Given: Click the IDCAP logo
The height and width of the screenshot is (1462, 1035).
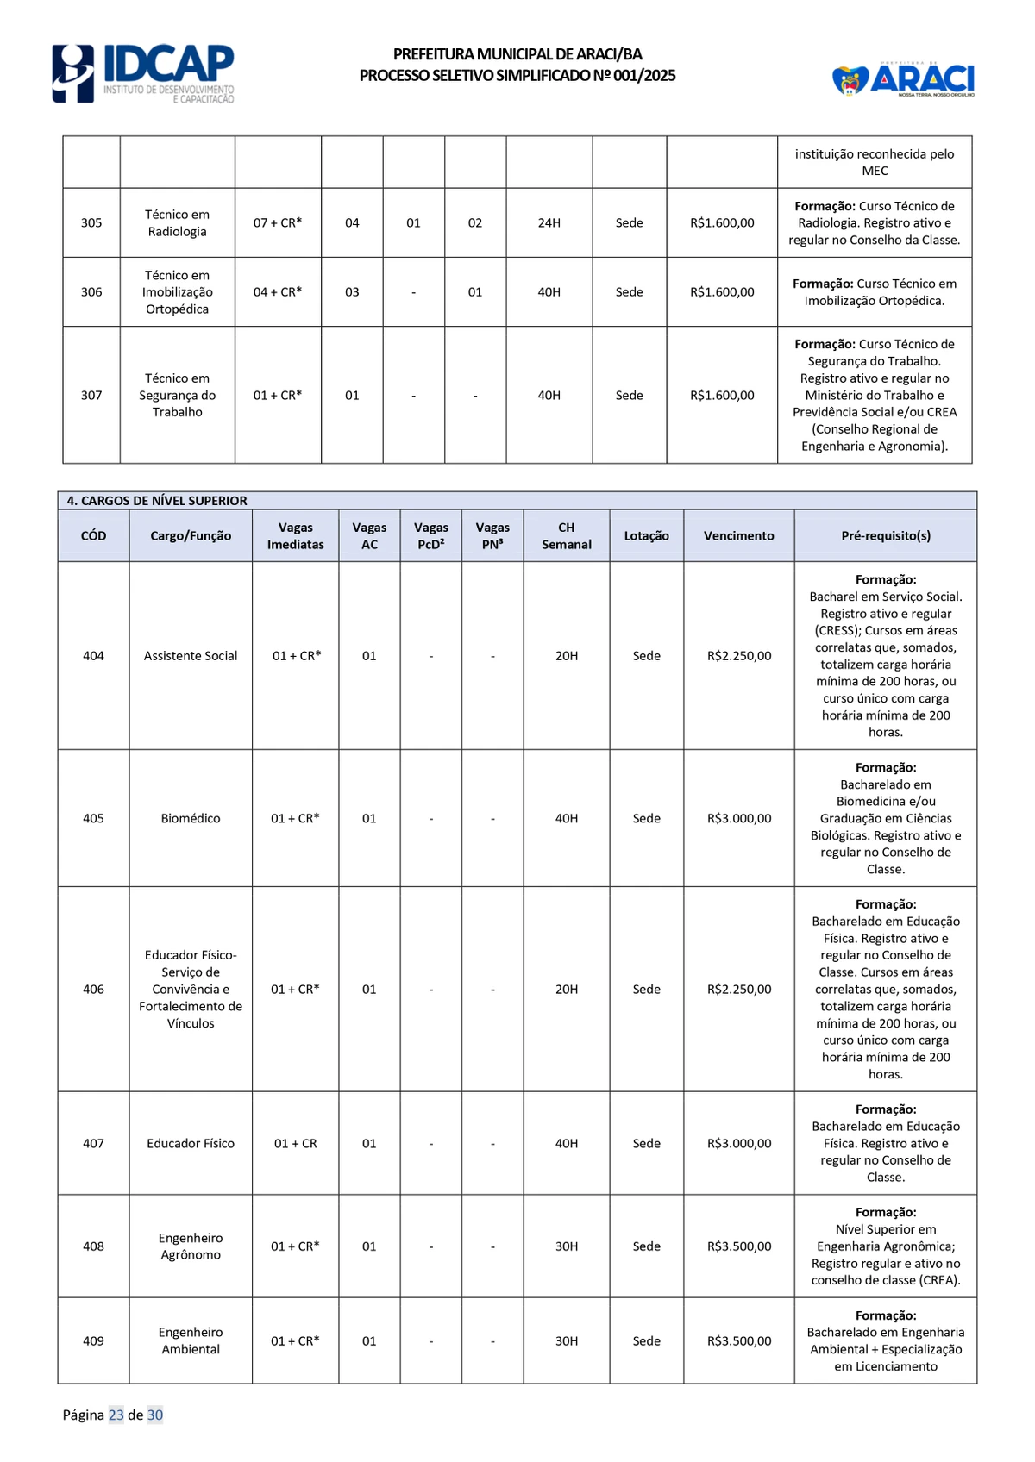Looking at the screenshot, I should (x=143, y=73).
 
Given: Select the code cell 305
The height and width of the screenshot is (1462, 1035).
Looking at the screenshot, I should (x=91, y=222).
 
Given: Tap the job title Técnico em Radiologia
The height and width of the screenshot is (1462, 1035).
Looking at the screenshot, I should (x=177, y=222).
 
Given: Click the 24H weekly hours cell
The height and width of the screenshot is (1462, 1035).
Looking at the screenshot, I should (x=549, y=222).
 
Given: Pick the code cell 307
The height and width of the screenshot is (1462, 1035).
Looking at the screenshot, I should (x=91, y=395).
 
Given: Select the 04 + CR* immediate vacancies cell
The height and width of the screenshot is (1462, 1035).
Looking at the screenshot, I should (x=278, y=291).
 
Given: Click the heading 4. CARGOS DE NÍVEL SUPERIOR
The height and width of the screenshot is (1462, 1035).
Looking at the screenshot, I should (x=157, y=500).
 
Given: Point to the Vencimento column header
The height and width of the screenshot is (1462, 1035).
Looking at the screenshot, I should (x=738, y=535).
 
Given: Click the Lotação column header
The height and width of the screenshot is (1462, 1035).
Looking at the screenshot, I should (x=646, y=535).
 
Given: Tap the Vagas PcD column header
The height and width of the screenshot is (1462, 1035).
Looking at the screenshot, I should (x=430, y=535).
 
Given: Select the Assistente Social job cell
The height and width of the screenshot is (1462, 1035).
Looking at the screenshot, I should (x=191, y=655).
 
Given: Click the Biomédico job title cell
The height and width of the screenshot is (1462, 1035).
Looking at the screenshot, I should (x=191, y=818).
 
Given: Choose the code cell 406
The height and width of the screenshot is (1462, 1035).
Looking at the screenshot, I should (x=93, y=989).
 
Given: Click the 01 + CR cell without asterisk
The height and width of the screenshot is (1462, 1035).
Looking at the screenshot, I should (x=295, y=1143).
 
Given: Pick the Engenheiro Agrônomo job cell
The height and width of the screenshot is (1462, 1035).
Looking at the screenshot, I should (x=191, y=1246).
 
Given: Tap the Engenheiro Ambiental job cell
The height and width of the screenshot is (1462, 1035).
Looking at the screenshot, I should (x=191, y=1340).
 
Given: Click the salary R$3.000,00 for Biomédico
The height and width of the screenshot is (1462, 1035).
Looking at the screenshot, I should (x=739, y=818).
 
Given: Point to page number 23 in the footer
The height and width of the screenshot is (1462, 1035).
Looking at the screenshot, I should (x=116, y=1415).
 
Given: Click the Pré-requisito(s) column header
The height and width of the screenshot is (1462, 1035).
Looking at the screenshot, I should (x=886, y=535).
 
